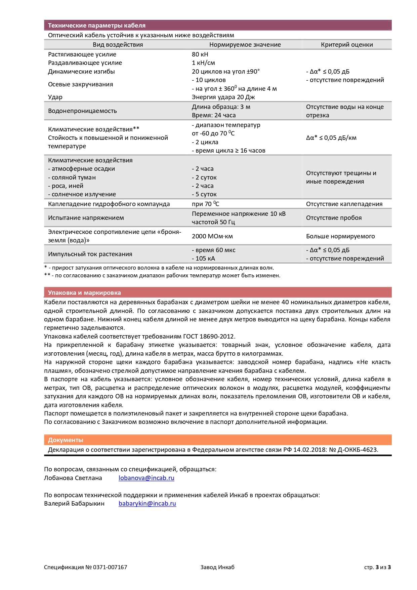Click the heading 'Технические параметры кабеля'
(96, 26)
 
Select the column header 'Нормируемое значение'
(245, 45)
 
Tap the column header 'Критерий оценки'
(347, 45)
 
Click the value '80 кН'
(200, 54)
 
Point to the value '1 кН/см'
(203, 63)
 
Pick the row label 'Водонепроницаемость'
(82, 111)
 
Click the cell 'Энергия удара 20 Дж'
(223, 97)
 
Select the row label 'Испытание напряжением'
(86, 218)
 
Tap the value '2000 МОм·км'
(212, 236)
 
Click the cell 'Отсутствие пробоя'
(334, 218)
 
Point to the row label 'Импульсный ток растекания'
(90, 254)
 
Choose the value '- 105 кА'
(203, 259)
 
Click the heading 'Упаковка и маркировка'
(84, 293)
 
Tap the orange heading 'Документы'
(66, 440)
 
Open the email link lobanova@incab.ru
(146, 478)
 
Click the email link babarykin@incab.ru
(147, 504)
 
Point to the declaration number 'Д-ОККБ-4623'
(358, 450)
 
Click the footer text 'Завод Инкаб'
(217, 567)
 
